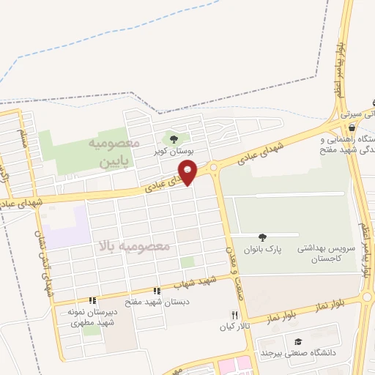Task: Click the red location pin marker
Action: pos(188,172)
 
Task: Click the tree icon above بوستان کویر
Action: pos(173,138)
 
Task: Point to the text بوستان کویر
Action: pos(173,152)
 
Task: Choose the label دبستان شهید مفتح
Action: pos(166,301)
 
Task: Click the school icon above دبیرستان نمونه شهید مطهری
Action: pos(92,300)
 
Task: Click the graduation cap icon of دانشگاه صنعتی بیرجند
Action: pos(298,341)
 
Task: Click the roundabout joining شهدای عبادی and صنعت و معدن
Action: pos(214,167)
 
